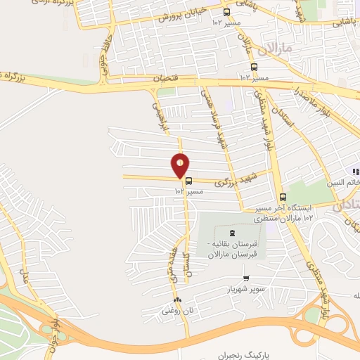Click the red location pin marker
[x=181, y=165]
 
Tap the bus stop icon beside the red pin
[x=188, y=181]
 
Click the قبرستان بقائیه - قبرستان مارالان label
[x=233, y=248]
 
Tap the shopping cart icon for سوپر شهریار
[x=245, y=278]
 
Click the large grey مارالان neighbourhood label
[x=274, y=50]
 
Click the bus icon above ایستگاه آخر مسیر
[x=283, y=197]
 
